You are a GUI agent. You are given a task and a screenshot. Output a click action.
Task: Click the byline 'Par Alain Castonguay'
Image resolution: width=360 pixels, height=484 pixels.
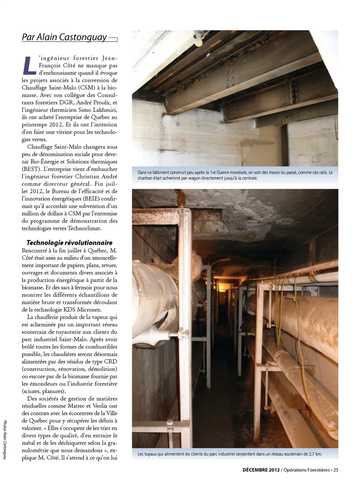click(64, 37)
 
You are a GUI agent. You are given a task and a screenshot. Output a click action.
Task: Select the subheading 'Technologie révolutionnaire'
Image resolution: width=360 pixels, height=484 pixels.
click(69, 243)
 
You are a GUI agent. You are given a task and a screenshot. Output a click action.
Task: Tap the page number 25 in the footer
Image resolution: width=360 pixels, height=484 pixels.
click(336, 470)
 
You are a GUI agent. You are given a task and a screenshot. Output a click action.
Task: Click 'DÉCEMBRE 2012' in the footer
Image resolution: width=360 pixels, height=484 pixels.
click(261, 470)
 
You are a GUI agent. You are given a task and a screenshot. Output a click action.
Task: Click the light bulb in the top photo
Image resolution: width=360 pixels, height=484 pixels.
click(198, 38)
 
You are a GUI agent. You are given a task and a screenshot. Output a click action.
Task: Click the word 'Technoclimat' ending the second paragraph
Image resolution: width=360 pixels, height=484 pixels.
click(84, 228)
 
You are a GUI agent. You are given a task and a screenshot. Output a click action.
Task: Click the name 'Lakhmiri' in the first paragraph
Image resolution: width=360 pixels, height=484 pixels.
click(105, 110)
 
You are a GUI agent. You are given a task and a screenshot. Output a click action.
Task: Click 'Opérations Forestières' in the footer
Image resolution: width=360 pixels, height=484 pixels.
click(306, 470)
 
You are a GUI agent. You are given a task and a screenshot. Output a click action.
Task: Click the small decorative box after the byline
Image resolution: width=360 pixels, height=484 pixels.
click(113, 39)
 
